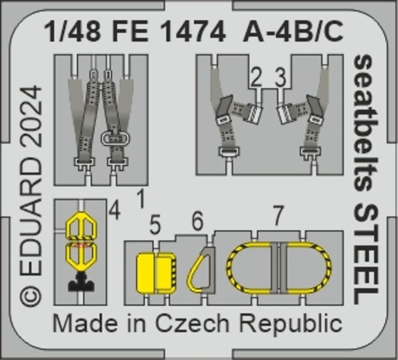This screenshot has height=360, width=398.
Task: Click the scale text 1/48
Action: (x=72, y=31)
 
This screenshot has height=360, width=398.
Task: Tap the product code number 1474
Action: (x=193, y=31)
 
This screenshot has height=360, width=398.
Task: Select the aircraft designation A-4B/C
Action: (x=293, y=31)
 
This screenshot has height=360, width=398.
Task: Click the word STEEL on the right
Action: (x=364, y=255)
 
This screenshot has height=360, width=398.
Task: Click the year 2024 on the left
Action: (x=31, y=120)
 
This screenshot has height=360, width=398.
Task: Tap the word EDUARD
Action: (x=31, y=218)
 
